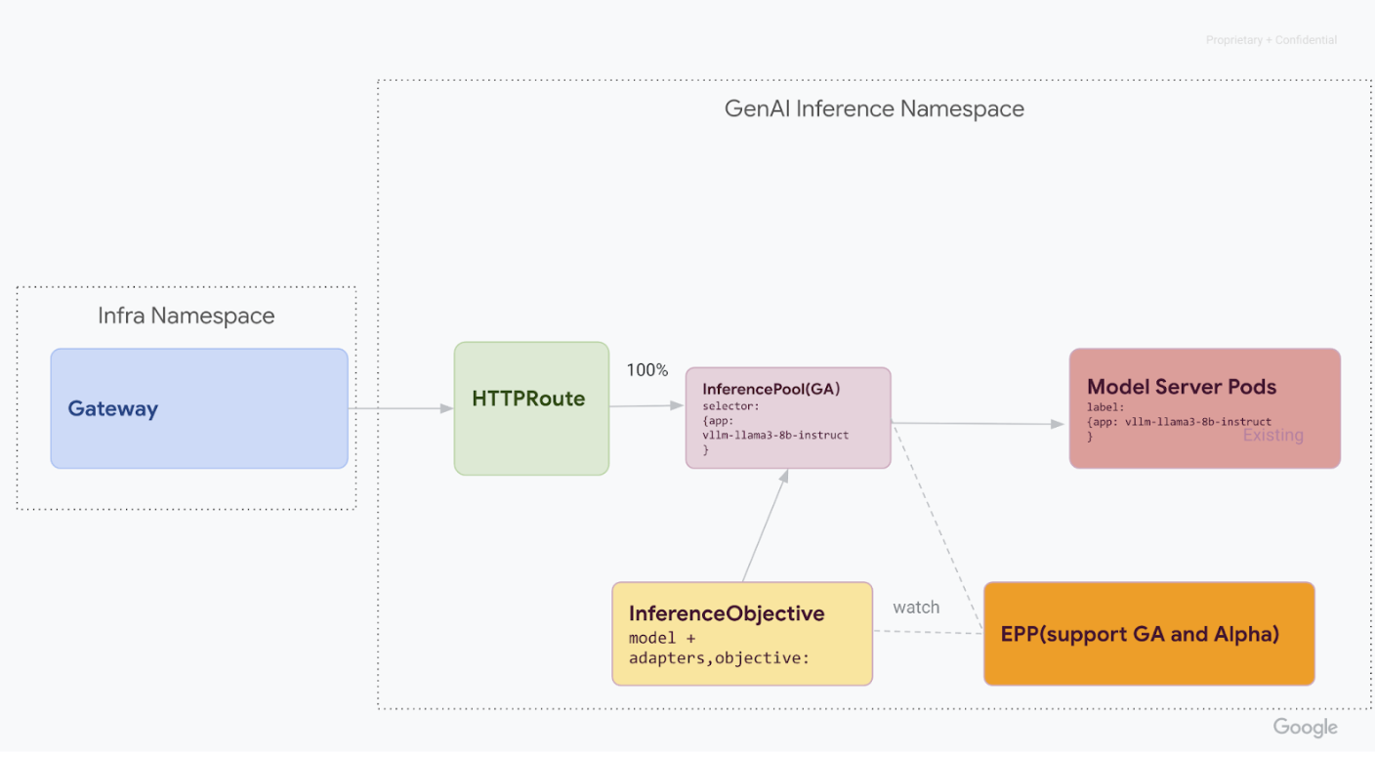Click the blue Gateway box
[x=199, y=408]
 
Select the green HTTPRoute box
[x=531, y=408]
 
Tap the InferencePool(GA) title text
[x=771, y=389]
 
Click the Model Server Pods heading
[x=1181, y=387]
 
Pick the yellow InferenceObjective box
[x=741, y=634]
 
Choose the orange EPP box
[x=1148, y=634]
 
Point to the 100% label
[x=646, y=370]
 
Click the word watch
[x=915, y=608]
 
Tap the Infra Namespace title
[x=186, y=315]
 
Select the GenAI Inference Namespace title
[x=874, y=108]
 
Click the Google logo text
[x=1305, y=728]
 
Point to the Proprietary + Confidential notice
[x=1271, y=40]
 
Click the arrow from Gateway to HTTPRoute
[x=400, y=408]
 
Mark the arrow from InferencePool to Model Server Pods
[x=977, y=424]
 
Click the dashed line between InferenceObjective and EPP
[x=928, y=632]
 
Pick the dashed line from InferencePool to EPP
[x=937, y=527]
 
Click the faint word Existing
[x=1272, y=436]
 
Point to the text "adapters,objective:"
[x=719, y=658]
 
